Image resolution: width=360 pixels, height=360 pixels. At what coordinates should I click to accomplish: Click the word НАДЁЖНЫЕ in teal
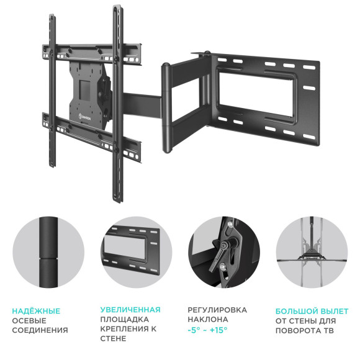(x=37, y=310)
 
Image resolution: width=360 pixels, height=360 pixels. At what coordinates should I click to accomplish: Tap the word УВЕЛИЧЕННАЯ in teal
(x=130, y=310)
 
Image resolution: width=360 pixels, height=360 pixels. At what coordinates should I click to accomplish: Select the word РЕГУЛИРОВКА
(x=217, y=310)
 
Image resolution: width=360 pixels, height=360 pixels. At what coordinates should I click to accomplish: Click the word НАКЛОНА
(x=207, y=320)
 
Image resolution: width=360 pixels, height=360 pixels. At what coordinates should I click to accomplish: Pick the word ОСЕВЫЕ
(x=29, y=320)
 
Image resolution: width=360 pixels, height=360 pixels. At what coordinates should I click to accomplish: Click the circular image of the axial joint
(x=49, y=252)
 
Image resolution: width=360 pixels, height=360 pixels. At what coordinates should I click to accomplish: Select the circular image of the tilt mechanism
(x=224, y=252)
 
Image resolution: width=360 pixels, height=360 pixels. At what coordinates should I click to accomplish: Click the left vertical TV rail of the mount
(x=53, y=93)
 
